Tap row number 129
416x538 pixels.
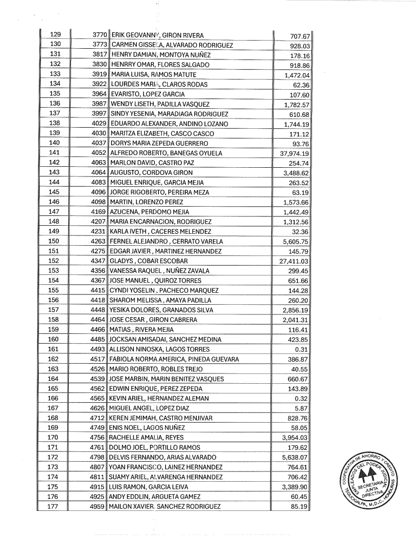pos(54,35)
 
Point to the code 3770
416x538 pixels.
pos(101,35)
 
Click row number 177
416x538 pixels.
pos(54,507)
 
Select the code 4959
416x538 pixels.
pos(101,507)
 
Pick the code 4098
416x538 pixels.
pos(101,202)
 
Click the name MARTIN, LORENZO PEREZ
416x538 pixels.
pos(144,202)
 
